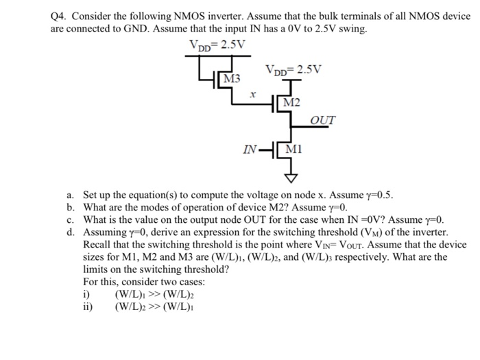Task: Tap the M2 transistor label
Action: [291, 103]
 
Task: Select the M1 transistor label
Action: [293, 149]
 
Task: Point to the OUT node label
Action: [323, 121]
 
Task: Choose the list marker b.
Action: [70, 207]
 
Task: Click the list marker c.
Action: [70, 219]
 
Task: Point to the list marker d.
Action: [70, 232]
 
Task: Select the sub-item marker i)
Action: [86, 293]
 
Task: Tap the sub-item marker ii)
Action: [88, 306]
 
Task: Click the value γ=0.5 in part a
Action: [375, 195]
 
